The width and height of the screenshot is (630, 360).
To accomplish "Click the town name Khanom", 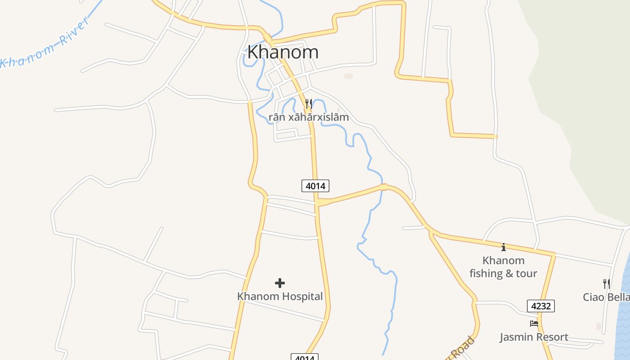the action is [x=283, y=52].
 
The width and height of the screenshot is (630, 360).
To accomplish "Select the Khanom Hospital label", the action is [x=280, y=297].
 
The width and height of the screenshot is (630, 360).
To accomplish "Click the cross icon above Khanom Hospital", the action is [x=280, y=283].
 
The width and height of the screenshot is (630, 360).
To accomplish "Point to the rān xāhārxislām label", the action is [x=309, y=117].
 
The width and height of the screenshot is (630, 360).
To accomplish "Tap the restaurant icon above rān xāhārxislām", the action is [x=309, y=104].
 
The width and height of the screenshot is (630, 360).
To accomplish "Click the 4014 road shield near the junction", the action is [x=315, y=185].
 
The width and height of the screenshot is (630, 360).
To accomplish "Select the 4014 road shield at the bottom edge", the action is [x=305, y=357].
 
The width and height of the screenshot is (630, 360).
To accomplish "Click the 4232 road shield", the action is [x=541, y=306].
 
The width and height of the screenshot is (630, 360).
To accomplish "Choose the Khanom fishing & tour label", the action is [x=503, y=267].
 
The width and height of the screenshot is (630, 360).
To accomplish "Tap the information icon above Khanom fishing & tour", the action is [x=504, y=247].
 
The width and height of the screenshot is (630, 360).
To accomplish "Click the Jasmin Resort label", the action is [x=534, y=337].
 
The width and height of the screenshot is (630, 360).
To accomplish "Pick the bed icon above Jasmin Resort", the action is [x=534, y=323].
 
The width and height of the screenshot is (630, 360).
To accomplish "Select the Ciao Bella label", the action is [x=606, y=297].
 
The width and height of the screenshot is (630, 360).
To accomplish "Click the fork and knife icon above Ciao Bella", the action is [x=607, y=283].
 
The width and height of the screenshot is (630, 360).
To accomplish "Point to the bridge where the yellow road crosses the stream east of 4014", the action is [x=383, y=187].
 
